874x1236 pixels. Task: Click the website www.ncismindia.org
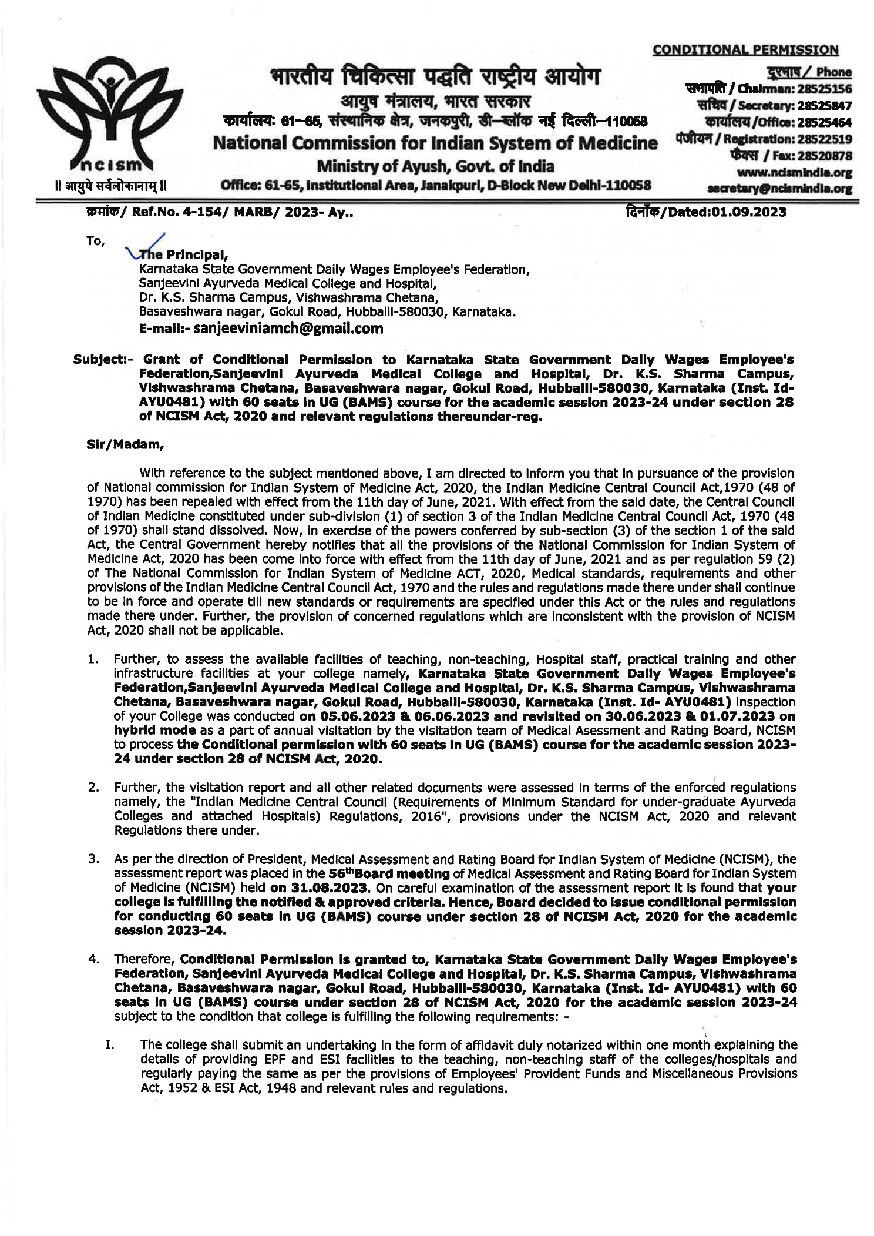click(794, 173)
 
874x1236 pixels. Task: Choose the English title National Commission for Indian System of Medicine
click(435, 143)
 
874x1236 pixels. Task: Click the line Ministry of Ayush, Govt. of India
click(435, 166)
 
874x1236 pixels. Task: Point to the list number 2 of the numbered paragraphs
click(93, 788)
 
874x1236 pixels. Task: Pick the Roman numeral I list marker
click(109, 1045)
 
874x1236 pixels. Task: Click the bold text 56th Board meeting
click(389, 874)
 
